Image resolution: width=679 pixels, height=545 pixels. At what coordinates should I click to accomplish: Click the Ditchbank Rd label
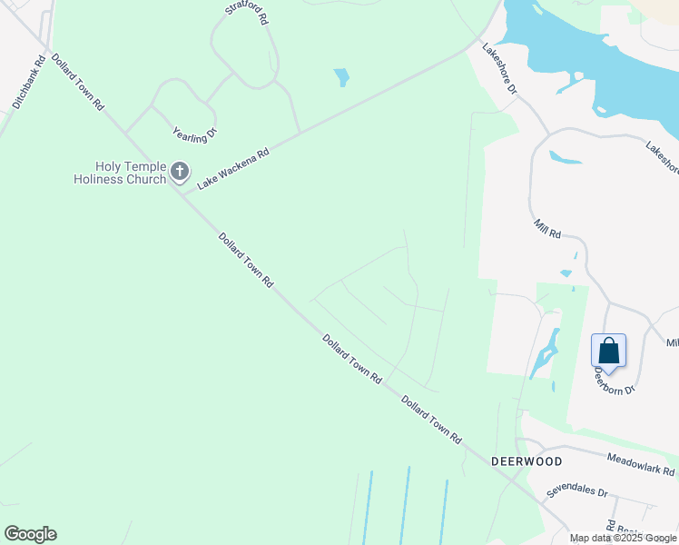coord(29,84)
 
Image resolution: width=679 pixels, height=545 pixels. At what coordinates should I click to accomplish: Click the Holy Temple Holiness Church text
coord(120,173)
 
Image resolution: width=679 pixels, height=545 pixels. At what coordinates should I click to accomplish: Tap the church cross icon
coord(180,171)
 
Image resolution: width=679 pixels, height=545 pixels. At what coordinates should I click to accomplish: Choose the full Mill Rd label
coord(547,227)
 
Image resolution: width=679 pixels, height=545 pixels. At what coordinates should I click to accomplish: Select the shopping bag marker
coord(609,352)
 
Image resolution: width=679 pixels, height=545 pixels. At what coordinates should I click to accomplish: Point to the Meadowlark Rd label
coord(641,465)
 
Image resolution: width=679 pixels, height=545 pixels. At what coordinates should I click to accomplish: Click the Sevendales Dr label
coord(576,491)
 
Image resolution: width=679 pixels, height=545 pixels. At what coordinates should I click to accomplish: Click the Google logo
coord(30,534)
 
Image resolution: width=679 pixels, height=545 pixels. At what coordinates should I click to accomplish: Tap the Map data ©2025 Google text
coord(623,538)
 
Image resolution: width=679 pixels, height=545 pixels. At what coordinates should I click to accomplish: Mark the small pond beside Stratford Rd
coord(341,77)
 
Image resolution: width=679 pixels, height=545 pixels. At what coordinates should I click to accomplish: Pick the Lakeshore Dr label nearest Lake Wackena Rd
coord(499,69)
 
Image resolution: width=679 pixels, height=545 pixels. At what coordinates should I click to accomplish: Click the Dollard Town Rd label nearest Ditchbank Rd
coord(77,82)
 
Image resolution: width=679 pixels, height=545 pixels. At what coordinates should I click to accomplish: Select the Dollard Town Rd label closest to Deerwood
coord(431,420)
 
